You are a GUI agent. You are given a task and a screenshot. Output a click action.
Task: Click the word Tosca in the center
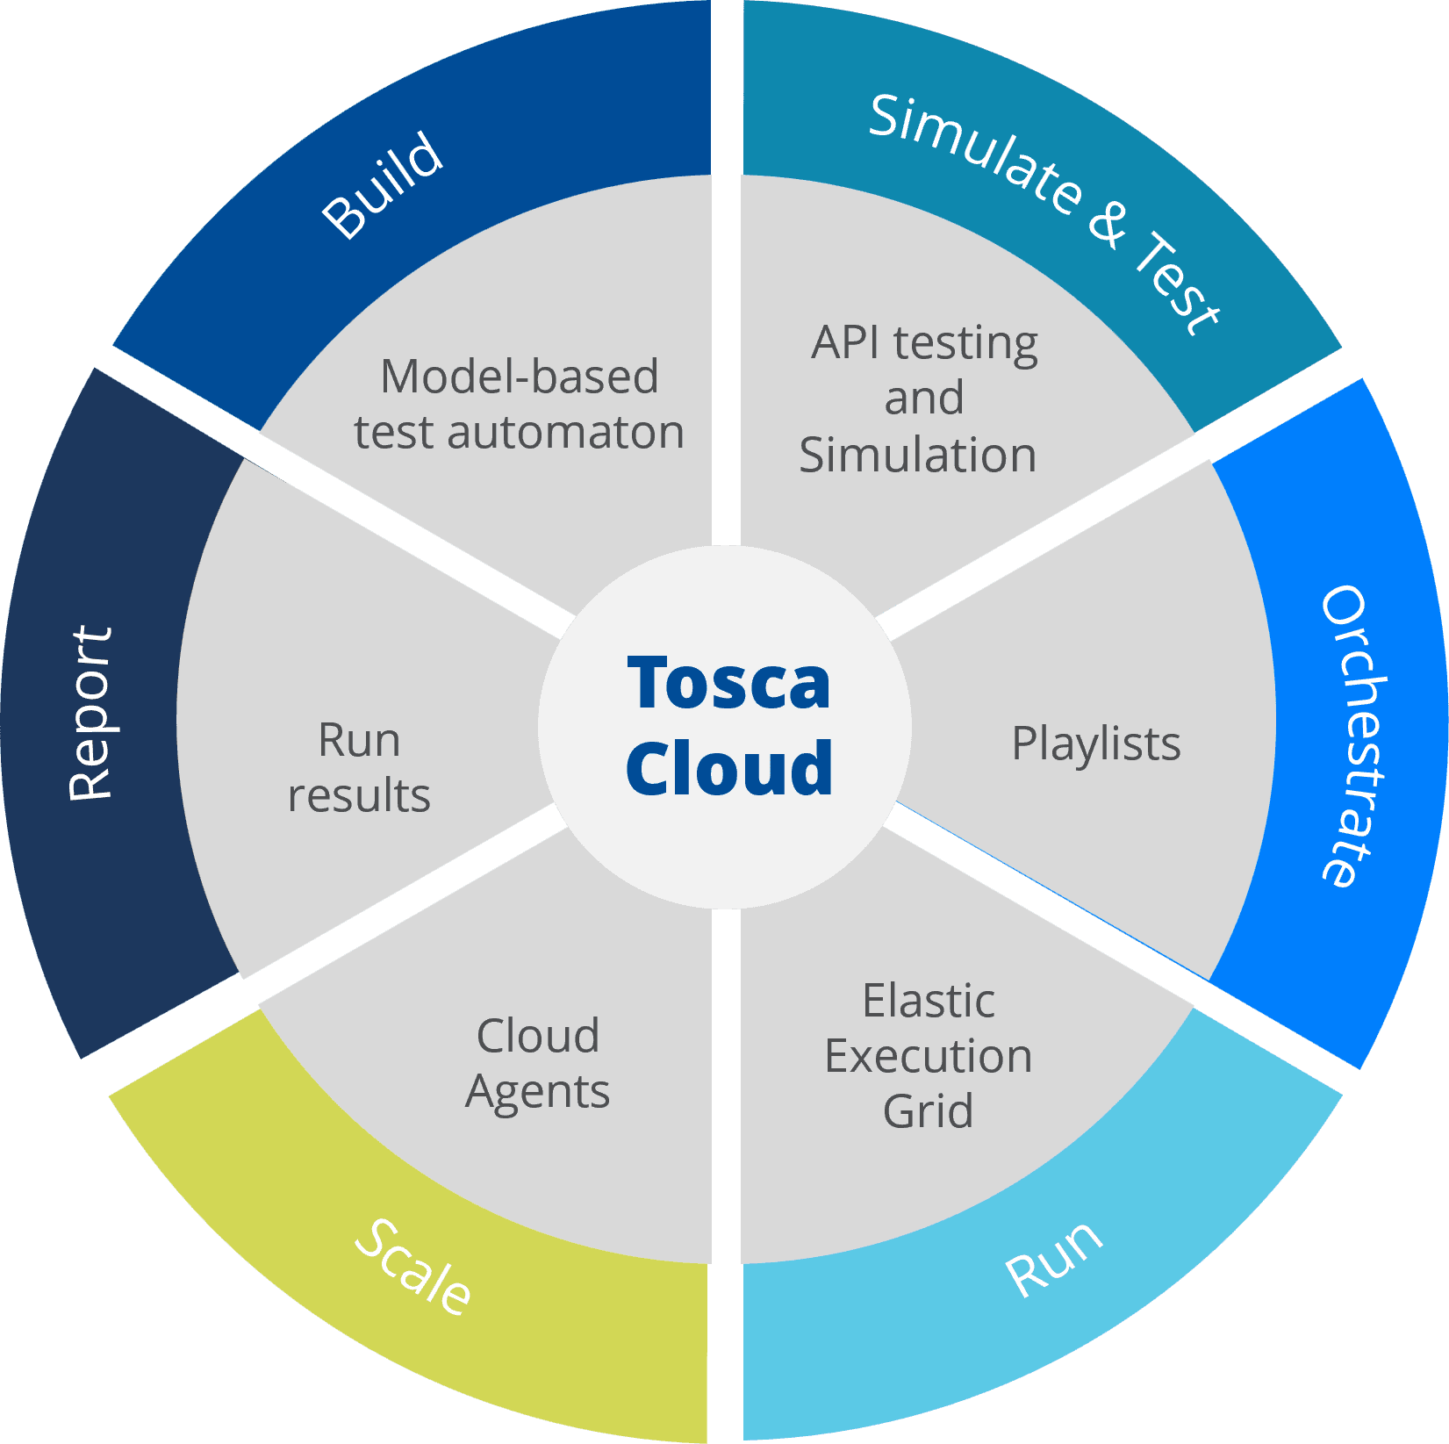click(x=728, y=683)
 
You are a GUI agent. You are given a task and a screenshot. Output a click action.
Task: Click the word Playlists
click(x=1095, y=744)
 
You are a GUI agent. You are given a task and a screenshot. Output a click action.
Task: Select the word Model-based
click(x=519, y=377)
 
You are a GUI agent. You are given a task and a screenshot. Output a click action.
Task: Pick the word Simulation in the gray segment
click(x=917, y=455)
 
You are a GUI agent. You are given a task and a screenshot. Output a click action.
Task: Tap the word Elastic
click(x=928, y=1001)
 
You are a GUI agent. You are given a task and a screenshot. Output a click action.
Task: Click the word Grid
click(x=928, y=1111)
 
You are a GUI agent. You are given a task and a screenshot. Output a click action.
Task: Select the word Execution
click(x=928, y=1056)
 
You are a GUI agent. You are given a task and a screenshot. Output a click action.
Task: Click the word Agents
click(x=537, y=1092)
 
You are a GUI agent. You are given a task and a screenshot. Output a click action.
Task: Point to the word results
click(x=359, y=795)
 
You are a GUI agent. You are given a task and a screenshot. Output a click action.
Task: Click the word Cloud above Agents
click(x=537, y=1036)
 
